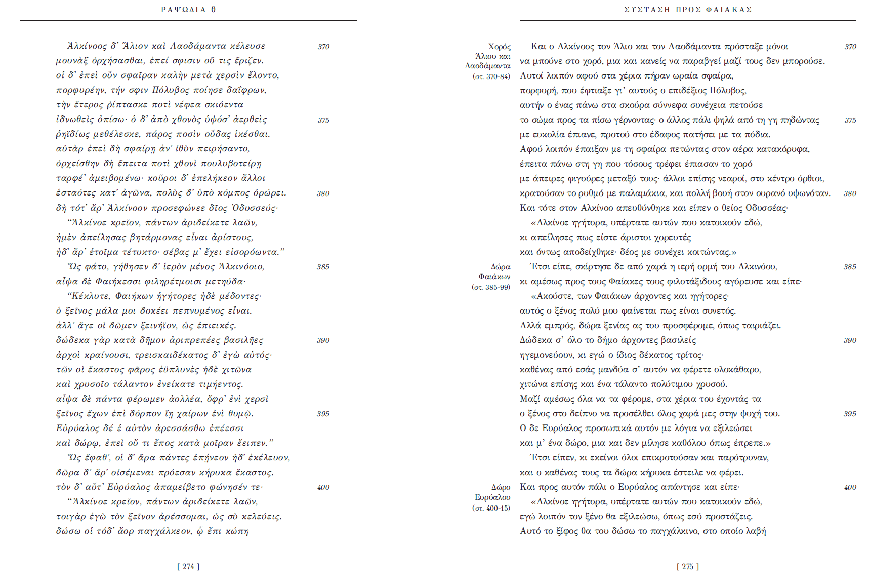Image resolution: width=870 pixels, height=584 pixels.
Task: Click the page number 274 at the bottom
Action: pos(188,567)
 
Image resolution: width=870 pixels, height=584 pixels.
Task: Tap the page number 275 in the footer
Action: pos(687,567)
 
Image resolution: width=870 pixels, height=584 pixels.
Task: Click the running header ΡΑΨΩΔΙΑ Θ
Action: pos(188,10)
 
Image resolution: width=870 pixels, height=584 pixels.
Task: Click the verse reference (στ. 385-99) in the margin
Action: pos(490,287)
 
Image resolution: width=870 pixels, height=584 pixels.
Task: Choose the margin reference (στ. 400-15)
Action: pos(491,508)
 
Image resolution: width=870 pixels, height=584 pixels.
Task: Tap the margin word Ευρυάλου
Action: pos(492,497)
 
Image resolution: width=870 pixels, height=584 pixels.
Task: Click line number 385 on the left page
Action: pos(323,267)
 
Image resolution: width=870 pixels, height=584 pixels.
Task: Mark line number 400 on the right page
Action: pos(850,487)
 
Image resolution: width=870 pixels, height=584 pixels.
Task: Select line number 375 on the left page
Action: pos(323,120)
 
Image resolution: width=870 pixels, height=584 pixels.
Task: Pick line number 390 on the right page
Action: pos(850,340)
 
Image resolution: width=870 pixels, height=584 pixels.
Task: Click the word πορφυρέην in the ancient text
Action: pos(80,90)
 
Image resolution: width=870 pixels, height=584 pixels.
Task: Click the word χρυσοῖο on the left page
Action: pos(93,384)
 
